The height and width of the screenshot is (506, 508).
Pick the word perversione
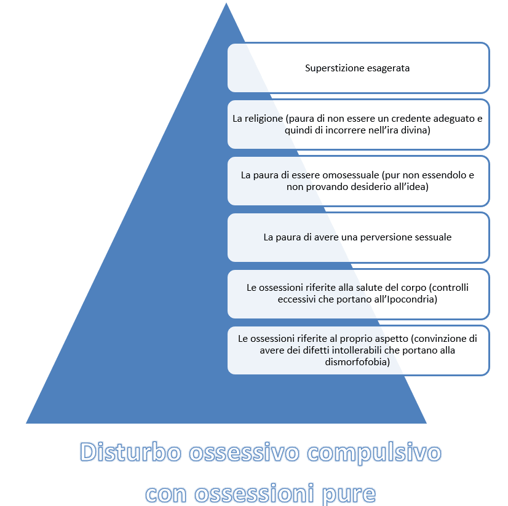376,237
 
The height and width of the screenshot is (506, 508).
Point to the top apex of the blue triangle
226,4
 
